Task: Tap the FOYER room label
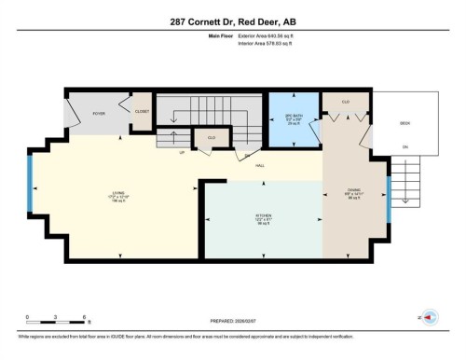97,113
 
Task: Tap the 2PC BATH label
295,117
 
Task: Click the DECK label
404,121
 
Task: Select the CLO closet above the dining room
345,101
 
